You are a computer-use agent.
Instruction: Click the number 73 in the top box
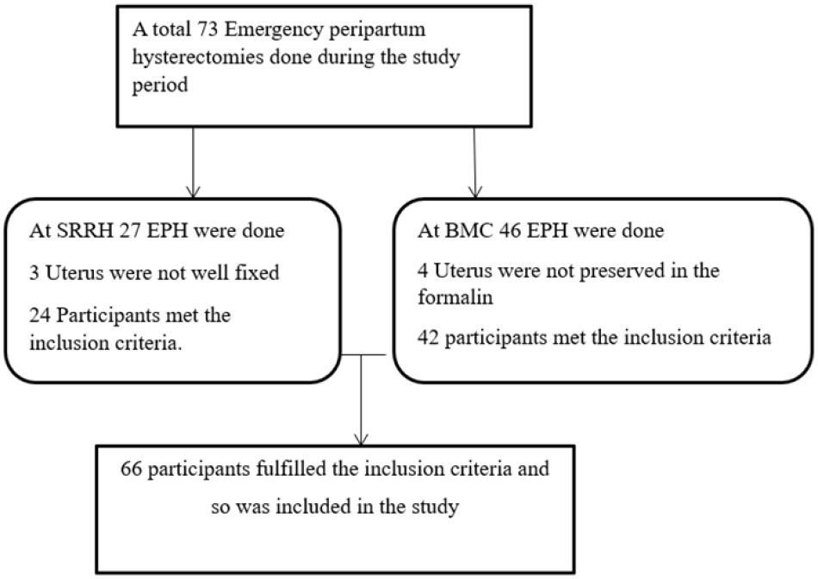pyautogui.click(x=208, y=29)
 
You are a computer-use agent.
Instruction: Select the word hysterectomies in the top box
pyautogui.click(x=198, y=56)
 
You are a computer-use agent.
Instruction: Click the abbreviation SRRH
pyautogui.click(x=84, y=230)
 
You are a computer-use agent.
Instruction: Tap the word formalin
pyautogui.click(x=455, y=296)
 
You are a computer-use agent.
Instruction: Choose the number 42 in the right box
pyautogui.click(x=428, y=337)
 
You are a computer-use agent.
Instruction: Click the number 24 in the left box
pyautogui.click(x=40, y=315)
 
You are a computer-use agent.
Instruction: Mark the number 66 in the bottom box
pyautogui.click(x=131, y=469)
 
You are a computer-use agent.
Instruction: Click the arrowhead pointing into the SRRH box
pyautogui.click(x=193, y=191)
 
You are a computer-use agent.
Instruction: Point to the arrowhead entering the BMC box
pyautogui.click(x=474, y=191)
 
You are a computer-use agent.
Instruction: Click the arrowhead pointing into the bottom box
pyautogui.click(x=361, y=439)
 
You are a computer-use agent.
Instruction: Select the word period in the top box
pyautogui.click(x=160, y=85)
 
